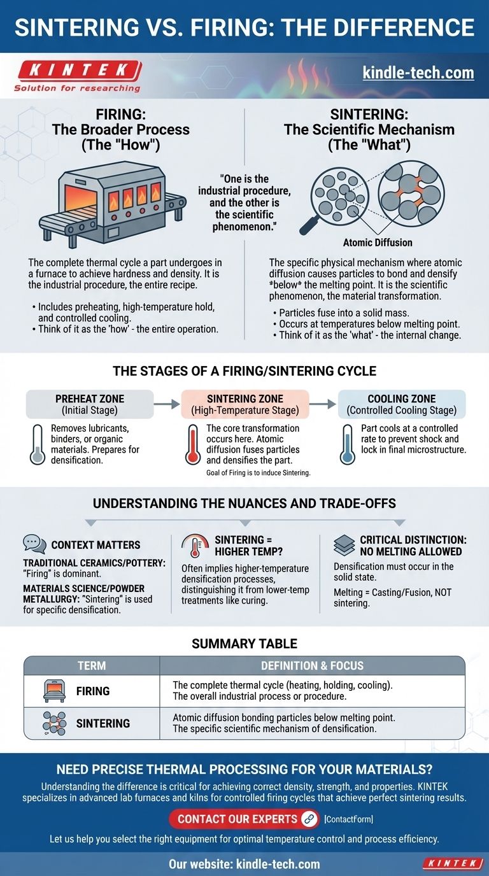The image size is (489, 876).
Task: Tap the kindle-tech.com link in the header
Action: point(418,73)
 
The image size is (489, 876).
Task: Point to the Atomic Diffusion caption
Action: point(378,243)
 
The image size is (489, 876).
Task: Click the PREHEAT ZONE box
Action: point(90,404)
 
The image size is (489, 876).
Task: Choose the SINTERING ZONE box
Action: point(245,404)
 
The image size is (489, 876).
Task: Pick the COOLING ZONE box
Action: point(402,404)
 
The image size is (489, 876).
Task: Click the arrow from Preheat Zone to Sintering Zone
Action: point(167,404)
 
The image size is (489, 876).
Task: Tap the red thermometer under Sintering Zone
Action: point(192,445)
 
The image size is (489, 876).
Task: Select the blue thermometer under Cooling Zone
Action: point(347,445)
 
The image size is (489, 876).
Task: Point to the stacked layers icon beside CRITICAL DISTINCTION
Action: point(344,545)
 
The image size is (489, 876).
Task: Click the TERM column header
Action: point(92,665)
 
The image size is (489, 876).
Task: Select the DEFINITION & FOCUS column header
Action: point(312,665)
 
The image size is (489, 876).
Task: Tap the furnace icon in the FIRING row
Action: point(54,691)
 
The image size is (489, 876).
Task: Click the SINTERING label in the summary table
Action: point(103,724)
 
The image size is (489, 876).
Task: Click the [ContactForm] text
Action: point(349,819)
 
